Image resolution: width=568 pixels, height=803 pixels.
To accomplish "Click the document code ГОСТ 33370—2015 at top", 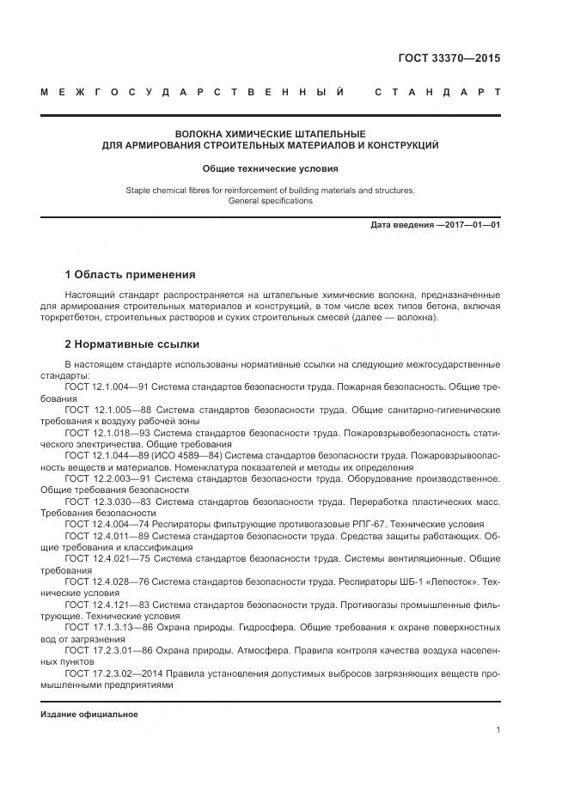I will pos(449,58).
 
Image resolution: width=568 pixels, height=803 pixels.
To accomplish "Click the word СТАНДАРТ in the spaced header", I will pos(437,92).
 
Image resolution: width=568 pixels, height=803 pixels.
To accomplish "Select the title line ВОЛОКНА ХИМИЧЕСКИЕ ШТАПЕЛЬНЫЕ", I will pos(270,134).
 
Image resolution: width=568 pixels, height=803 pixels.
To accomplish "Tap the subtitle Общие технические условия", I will pos(270,169).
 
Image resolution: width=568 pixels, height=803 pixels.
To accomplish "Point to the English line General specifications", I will pos(270,201).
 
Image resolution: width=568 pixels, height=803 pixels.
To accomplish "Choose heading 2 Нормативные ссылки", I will pos(132,344).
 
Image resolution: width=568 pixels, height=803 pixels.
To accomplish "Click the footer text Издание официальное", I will pos(89,715).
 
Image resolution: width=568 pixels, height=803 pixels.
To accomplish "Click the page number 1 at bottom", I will pos(498,730).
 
